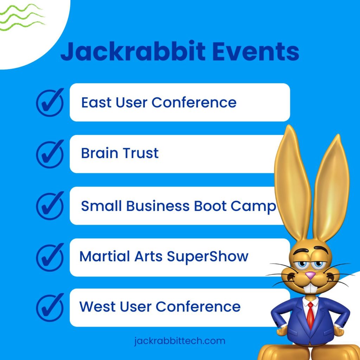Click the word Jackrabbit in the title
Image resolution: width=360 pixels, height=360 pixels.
click(x=133, y=51)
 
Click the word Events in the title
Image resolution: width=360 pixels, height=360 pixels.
click(x=256, y=51)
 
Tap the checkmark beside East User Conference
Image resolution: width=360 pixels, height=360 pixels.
click(x=50, y=102)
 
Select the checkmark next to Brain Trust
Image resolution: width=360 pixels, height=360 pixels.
click(x=50, y=154)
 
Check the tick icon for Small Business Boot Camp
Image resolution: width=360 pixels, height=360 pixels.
click(x=50, y=206)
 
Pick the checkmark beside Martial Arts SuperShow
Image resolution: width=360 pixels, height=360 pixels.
click(x=50, y=257)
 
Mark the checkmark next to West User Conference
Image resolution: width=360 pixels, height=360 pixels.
click(x=50, y=307)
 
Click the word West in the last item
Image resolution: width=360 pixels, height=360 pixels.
click(x=97, y=307)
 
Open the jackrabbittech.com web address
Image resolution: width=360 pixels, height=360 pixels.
click(x=180, y=341)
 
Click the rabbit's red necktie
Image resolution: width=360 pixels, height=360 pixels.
click(x=310, y=316)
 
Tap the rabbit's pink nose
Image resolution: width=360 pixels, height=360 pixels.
click(x=310, y=275)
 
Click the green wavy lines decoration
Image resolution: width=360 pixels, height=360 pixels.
click(x=22, y=17)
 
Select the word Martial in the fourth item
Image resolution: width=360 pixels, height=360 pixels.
click(x=105, y=256)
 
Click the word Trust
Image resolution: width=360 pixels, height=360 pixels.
click(x=141, y=153)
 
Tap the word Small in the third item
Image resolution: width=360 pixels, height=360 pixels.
click(x=101, y=206)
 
